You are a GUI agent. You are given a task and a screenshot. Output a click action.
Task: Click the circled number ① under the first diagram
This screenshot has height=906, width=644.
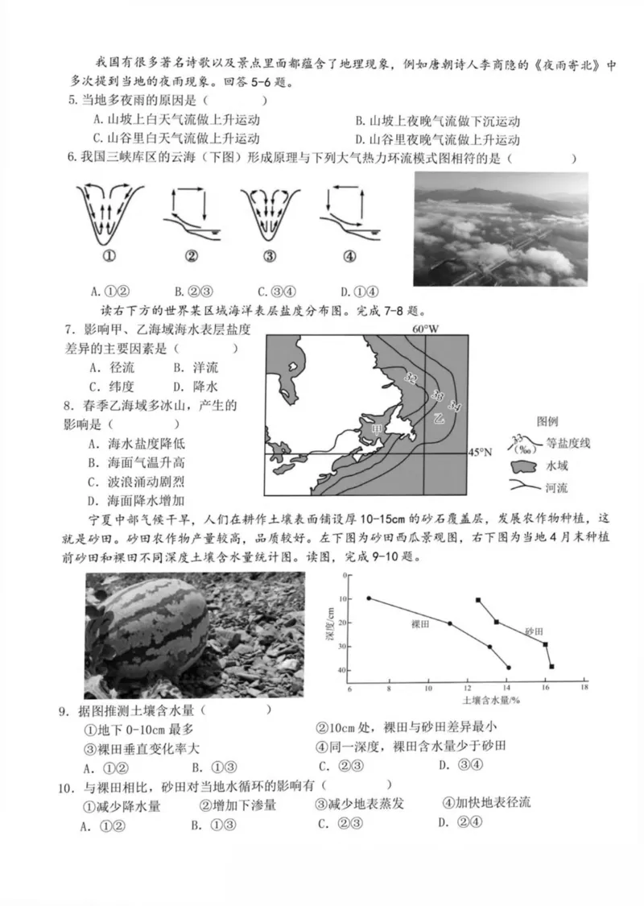pos(110,257)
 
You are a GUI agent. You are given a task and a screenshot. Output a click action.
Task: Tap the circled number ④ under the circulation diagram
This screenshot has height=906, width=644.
pos(349,257)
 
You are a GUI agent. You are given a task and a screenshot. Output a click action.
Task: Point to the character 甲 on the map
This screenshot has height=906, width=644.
pos(375,430)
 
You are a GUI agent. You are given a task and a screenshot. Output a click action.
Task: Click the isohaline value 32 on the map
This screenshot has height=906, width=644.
pos(412,378)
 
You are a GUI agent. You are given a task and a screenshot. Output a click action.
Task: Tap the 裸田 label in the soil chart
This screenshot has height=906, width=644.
pos(421,624)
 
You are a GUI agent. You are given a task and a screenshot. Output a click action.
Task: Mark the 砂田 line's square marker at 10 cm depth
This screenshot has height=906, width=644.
pos(478,600)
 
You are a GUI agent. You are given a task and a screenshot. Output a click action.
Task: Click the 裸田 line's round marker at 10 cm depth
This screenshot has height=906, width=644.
pos(369,598)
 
